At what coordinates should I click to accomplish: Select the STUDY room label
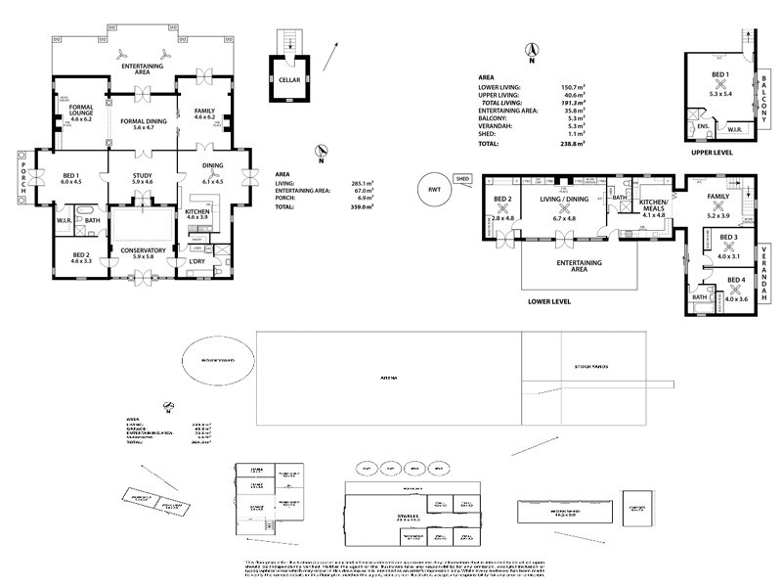pos(144,175)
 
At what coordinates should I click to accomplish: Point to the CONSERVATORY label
pos(144,249)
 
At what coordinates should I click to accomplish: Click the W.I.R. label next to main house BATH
pos(65,220)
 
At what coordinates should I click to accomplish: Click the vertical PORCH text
pos(23,177)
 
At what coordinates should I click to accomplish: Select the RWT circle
pos(434,188)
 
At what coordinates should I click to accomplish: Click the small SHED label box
pos(463,180)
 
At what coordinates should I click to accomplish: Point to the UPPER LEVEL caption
pos(711,154)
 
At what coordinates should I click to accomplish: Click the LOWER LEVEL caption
pos(549,302)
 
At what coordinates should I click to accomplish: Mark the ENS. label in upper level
pos(703,126)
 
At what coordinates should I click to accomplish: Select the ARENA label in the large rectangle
pos(388,377)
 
